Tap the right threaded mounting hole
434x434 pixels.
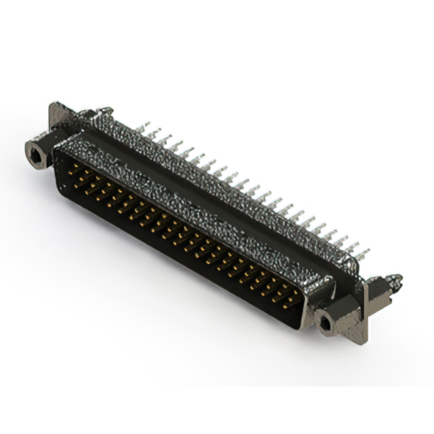(x=326, y=323)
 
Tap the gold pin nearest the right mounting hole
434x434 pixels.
(x=296, y=298)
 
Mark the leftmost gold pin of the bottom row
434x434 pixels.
(x=75, y=181)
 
